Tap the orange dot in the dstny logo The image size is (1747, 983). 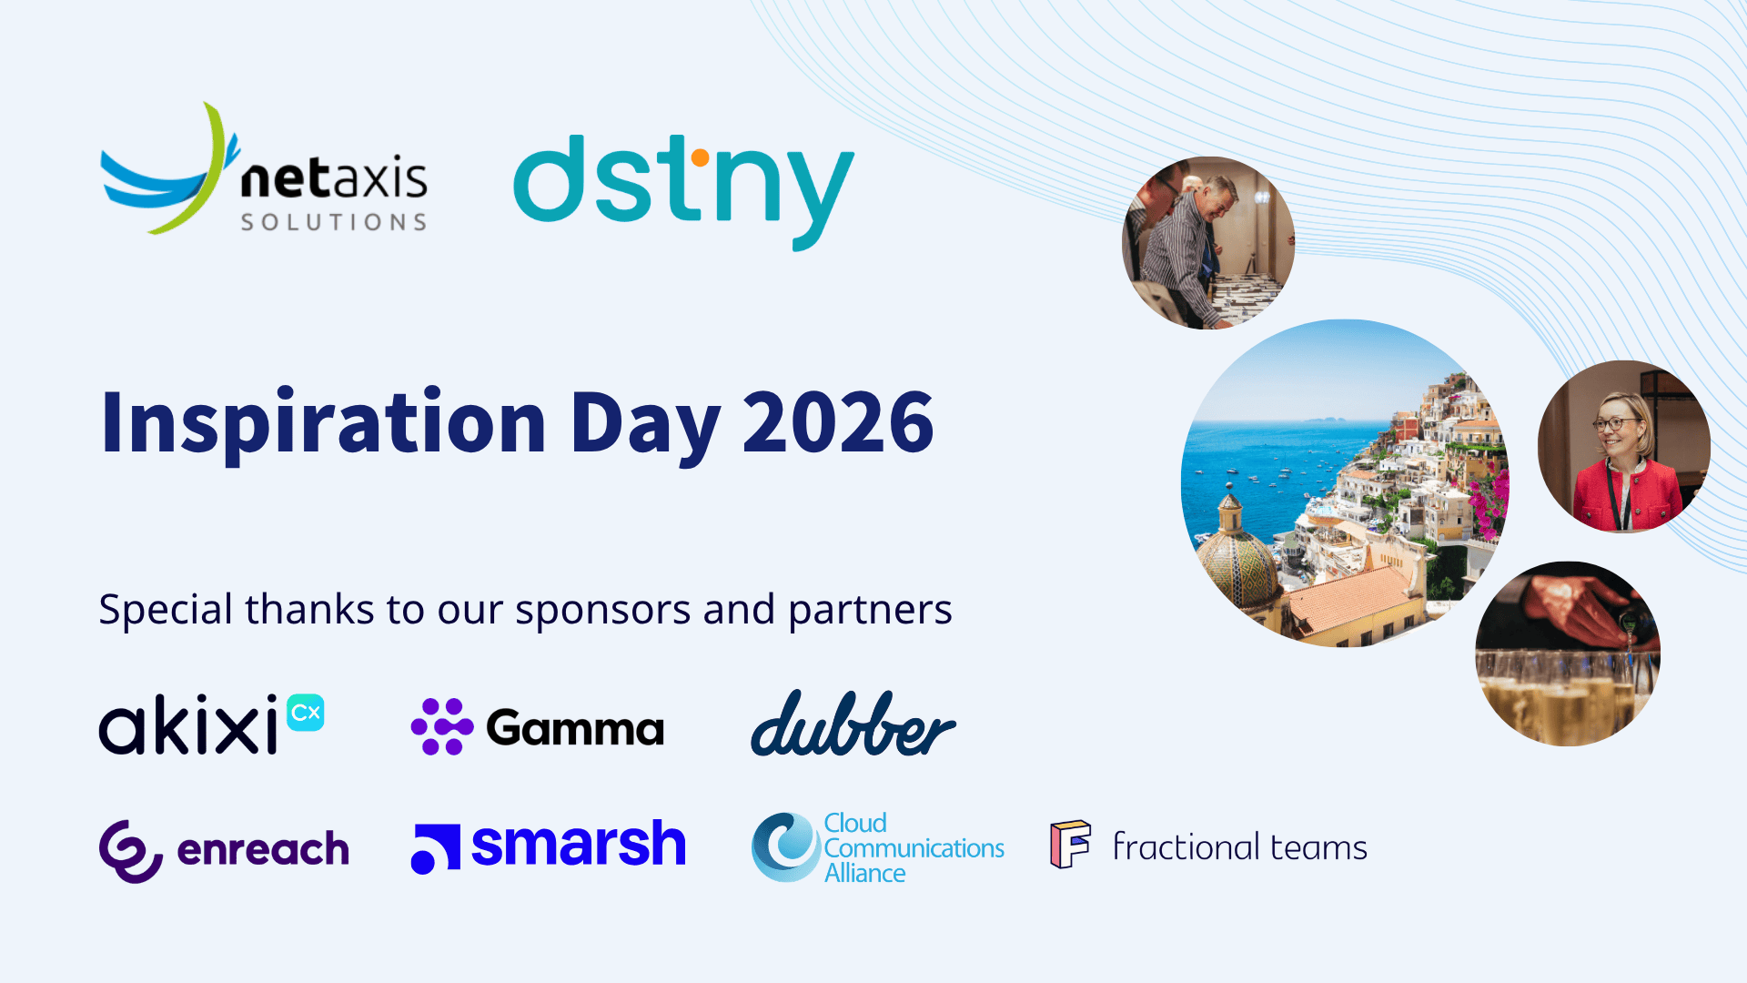(700, 158)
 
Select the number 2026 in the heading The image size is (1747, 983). (838, 421)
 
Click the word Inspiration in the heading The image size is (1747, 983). (323, 425)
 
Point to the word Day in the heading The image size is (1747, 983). (645, 426)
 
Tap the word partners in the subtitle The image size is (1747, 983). (870, 611)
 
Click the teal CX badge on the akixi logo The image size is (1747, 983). (306, 713)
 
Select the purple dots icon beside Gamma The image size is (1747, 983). (442, 726)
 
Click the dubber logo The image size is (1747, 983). (853, 724)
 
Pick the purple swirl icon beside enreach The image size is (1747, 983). (131, 851)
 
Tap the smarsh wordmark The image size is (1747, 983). (579, 844)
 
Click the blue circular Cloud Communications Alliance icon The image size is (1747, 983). (786, 846)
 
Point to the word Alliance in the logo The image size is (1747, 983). (864, 873)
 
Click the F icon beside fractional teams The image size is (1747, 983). (1071, 845)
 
